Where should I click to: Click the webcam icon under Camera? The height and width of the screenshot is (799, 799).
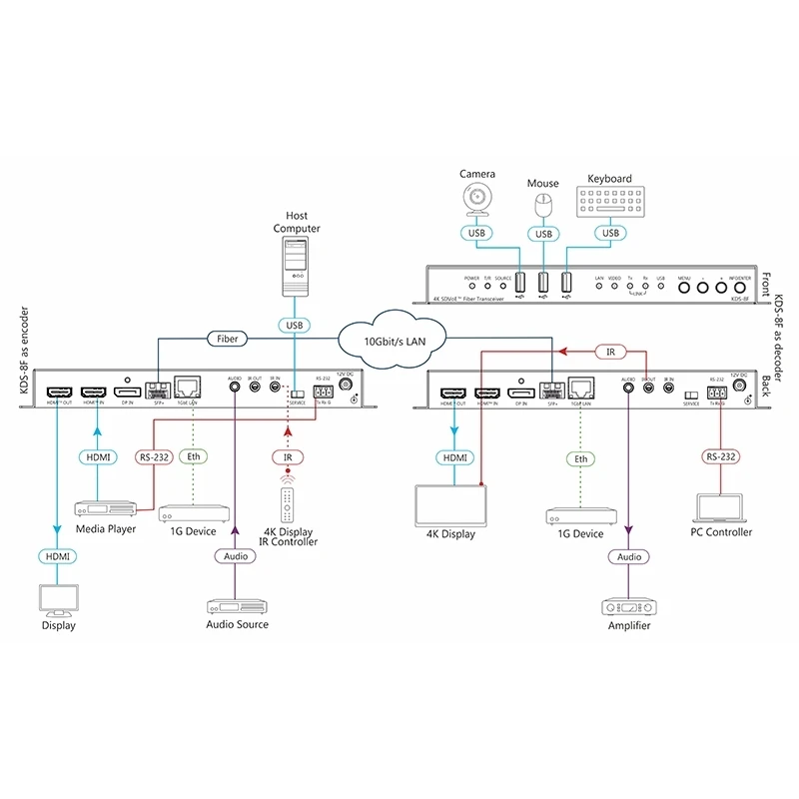click(476, 200)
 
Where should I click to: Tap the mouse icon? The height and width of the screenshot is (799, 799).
click(543, 206)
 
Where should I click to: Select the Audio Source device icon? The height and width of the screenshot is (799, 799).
click(235, 604)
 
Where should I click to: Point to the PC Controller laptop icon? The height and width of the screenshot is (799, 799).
click(720, 508)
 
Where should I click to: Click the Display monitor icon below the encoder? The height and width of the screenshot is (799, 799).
click(57, 600)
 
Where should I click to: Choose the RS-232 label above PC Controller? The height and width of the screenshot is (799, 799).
click(720, 458)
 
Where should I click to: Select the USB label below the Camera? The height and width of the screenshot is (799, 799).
click(476, 234)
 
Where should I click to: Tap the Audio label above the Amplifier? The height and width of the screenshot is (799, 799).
click(630, 556)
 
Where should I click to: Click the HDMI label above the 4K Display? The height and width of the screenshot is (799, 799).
click(452, 457)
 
